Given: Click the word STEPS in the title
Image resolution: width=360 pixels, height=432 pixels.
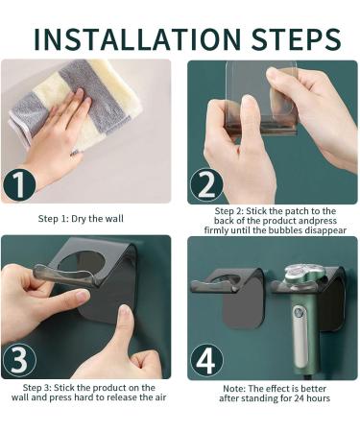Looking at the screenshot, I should pos(289,38).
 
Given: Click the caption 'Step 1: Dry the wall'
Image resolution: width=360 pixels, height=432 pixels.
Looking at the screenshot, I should pos(81,219).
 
